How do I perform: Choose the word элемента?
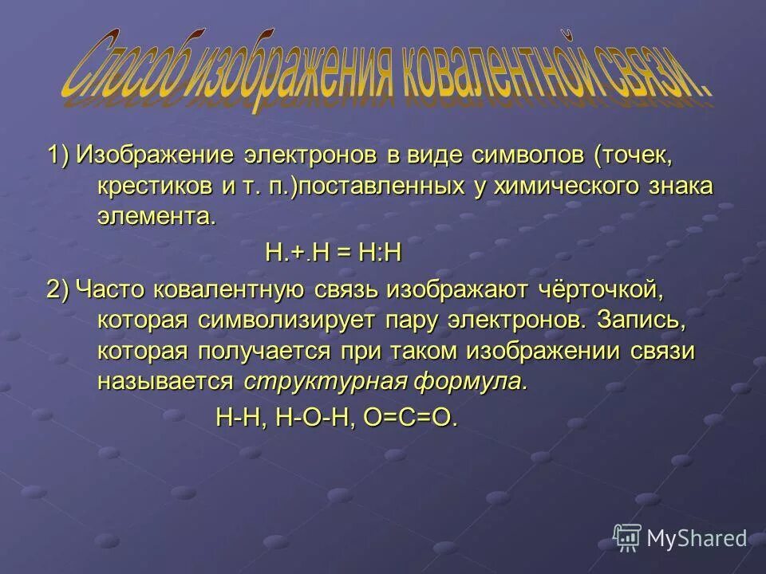click(156, 217)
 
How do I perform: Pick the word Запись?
click(642, 320)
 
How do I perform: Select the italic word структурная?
click(326, 381)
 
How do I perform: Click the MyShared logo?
click(681, 538)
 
